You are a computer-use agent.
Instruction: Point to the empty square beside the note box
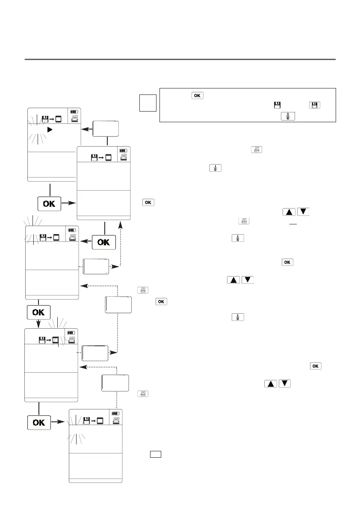click(148, 104)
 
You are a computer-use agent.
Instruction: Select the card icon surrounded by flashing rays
click(55, 340)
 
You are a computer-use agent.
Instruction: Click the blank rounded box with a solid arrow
click(106, 128)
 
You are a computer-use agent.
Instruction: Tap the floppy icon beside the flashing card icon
click(42, 340)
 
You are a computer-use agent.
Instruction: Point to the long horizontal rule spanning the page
click(180, 59)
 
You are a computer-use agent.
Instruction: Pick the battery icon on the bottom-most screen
click(115, 413)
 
